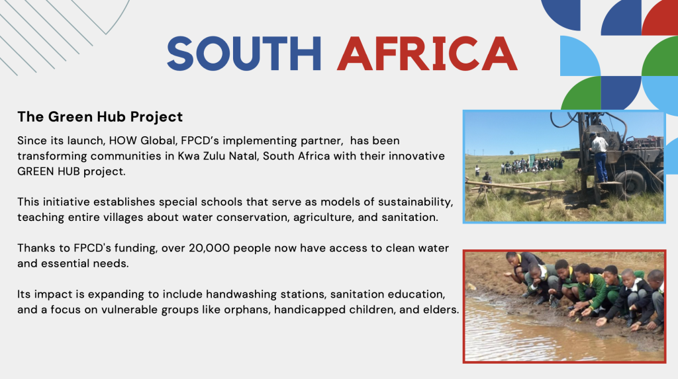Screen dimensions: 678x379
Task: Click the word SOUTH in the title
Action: click(x=244, y=54)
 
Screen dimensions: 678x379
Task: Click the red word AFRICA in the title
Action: click(x=427, y=54)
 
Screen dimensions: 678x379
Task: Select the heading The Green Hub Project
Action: click(x=100, y=116)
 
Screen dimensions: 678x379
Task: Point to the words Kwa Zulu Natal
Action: click(x=218, y=156)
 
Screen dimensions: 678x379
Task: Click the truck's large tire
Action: click(x=632, y=185)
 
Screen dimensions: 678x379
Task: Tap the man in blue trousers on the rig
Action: click(x=599, y=157)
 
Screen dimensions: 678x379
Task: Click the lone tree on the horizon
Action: click(x=512, y=152)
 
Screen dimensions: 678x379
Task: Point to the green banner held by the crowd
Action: click(x=532, y=161)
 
